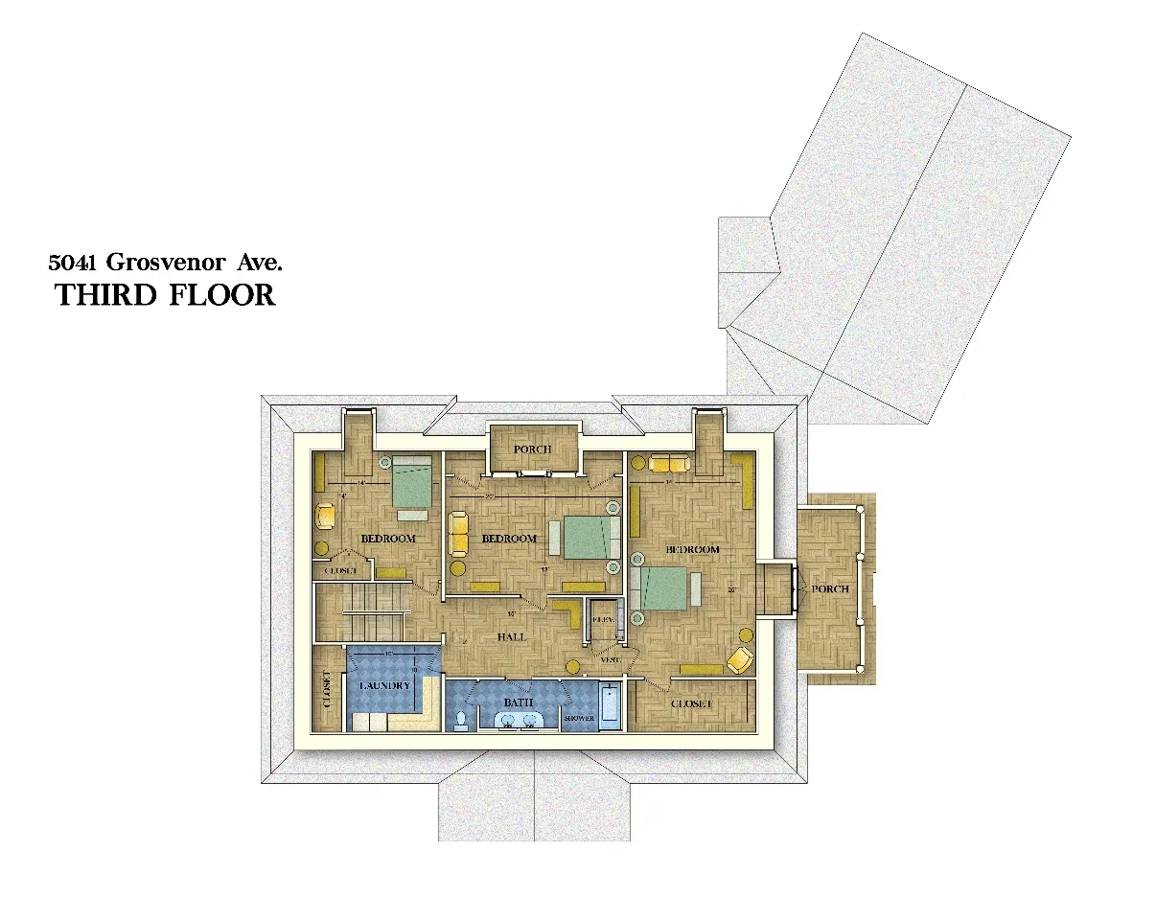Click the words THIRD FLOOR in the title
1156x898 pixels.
[x=165, y=295]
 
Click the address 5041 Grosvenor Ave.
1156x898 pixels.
[x=166, y=261]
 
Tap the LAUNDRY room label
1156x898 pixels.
[x=384, y=686]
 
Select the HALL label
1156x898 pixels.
[x=511, y=636]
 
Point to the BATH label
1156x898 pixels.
[x=519, y=702]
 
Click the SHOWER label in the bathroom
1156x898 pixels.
[x=579, y=718]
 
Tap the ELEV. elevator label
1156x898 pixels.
[x=603, y=620]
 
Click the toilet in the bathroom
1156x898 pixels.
[x=461, y=719]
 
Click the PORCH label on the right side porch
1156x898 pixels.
[x=829, y=588]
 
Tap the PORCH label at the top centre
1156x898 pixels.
[x=532, y=449]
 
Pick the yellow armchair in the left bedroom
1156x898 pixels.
[x=325, y=516]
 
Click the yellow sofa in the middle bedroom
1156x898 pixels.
[x=458, y=533]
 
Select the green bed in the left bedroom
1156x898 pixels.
[x=412, y=483]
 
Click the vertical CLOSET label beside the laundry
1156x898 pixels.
[x=328, y=688]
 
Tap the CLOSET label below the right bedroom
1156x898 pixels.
[x=691, y=703]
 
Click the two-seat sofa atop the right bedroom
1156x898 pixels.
[x=669, y=464]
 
